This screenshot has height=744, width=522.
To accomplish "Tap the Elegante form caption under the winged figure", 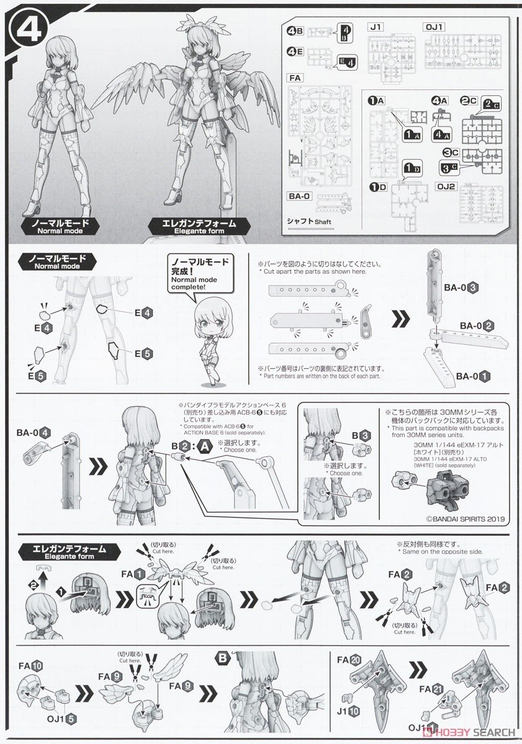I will (x=191, y=226).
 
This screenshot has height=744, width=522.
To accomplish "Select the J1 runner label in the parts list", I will (x=376, y=26).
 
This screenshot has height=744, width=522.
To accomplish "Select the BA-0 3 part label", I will (x=460, y=288).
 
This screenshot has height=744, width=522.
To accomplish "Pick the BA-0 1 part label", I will (x=475, y=376).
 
